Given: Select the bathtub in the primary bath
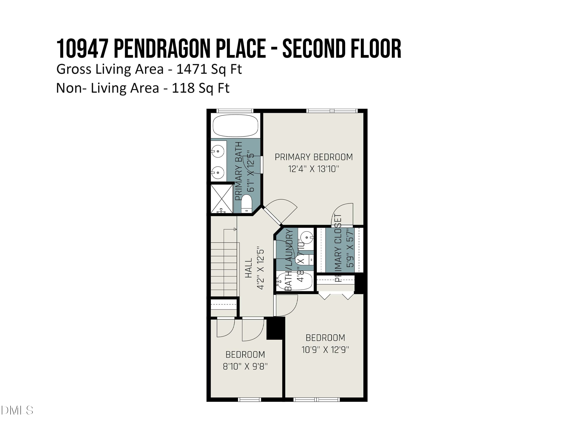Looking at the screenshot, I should pyautogui.click(x=235, y=126).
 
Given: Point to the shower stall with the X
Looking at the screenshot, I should pyautogui.click(x=221, y=199).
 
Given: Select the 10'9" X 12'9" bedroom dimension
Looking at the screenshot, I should pyautogui.click(x=325, y=350).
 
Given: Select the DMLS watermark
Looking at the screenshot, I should pyautogui.click(x=17, y=410).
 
